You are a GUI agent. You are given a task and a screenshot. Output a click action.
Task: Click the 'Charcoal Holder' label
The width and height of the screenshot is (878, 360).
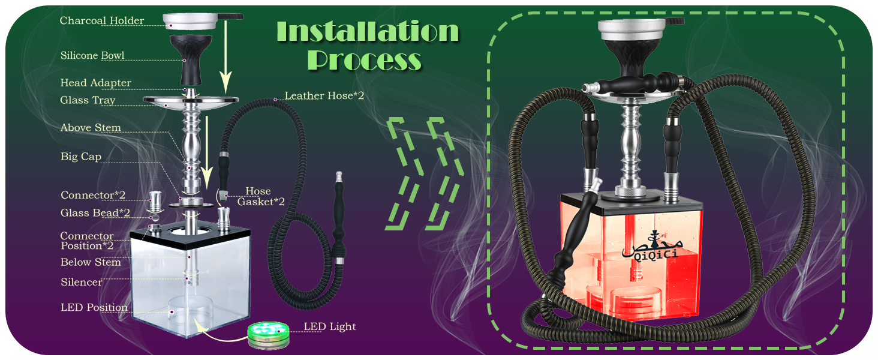102,21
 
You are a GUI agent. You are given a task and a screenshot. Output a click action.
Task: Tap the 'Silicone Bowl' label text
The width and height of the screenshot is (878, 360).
92,56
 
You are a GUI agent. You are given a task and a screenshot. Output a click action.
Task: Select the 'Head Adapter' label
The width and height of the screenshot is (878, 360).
95,83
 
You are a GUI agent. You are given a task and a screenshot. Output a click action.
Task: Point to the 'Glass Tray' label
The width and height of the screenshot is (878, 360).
88,100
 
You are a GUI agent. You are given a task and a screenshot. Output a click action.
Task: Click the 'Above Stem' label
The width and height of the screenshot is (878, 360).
91,128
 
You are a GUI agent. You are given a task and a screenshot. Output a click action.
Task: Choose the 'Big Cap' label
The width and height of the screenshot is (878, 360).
81,157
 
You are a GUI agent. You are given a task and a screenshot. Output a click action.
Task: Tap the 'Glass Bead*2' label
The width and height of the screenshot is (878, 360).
95,213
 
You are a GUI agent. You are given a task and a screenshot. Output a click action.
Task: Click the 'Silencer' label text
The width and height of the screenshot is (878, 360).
82,282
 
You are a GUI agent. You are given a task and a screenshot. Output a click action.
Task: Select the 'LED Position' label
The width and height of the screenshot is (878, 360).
94,308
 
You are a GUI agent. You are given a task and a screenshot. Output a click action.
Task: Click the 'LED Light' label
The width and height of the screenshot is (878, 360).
329,327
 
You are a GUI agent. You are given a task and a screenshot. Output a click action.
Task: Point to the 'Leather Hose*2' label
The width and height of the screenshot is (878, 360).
324,96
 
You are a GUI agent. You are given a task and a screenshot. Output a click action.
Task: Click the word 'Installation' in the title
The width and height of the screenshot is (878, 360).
367,31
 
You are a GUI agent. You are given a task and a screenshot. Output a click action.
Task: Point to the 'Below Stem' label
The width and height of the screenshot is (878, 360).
91,262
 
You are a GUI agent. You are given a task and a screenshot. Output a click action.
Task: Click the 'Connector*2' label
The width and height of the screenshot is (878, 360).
93,195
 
